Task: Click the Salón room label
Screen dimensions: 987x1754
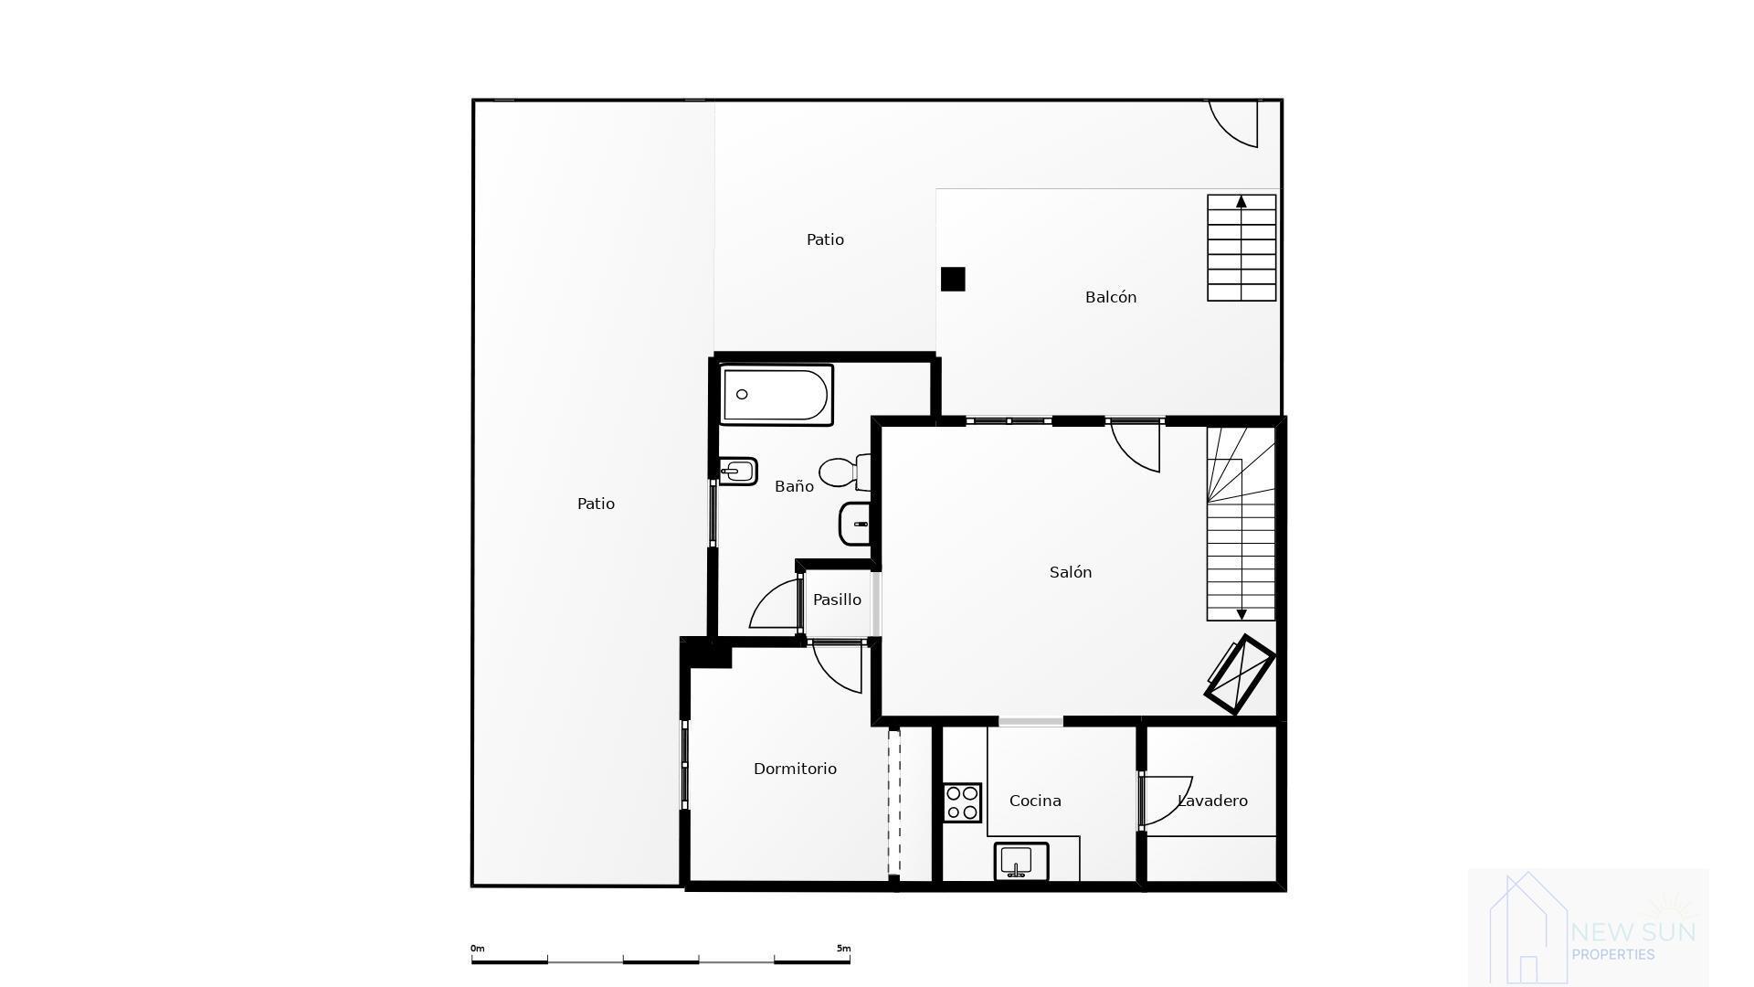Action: pyautogui.click(x=1071, y=572)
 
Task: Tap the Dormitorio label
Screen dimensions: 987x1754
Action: pyautogui.click(x=795, y=769)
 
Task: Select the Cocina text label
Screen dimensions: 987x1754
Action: pyautogui.click(x=1035, y=801)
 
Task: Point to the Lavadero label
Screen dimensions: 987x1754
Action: pyautogui.click(x=1212, y=801)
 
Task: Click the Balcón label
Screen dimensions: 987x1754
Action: pyautogui.click(x=1111, y=297)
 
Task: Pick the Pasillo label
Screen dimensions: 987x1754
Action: pyautogui.click(x=837, y=600)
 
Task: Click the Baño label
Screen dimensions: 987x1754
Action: pyautogui.click(x=794, y=486)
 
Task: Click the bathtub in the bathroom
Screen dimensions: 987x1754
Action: pyautogui.click(x=776, y=395)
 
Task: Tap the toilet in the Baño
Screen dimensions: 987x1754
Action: pyautogui.click(x=842, y=472)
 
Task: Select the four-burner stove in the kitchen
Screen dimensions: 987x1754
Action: pyautogui.click(x=962, y=802)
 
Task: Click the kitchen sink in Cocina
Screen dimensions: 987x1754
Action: pyautogui.click(x=1020, y=862)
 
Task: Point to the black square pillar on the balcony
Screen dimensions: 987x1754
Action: pyautogui.click(x=953, y=279)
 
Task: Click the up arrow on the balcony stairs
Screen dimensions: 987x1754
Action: pyautogui.click(x=1241, y=202)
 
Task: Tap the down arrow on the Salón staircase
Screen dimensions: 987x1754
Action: pyautogui.click(x=1241, y=614)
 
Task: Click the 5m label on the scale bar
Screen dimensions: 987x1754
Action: pyautogui.click(x=843, y=949)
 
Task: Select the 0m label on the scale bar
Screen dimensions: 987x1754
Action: pyautogui.click(x=478, y=949)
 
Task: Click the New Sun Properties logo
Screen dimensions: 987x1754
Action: pyautogui.click(x=1588, y=927)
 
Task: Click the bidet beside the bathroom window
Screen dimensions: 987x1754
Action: pyautogui.click(x=738, y=472)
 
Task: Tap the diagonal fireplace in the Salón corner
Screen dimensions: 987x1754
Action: pyautogui.click(x=1240, y=675)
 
